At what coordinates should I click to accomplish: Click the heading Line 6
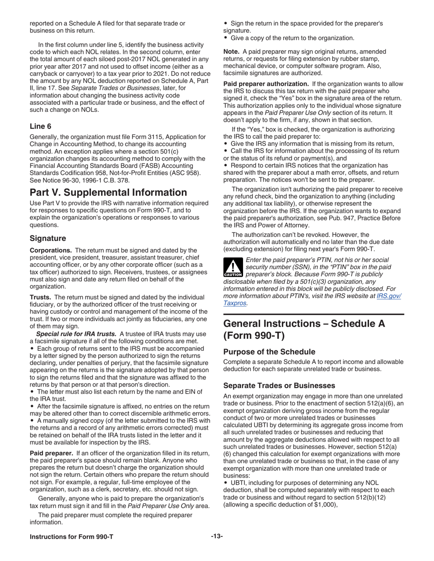click(41, 125)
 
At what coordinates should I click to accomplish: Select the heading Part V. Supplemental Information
click(108, 192)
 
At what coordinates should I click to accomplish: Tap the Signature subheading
click(48, 238)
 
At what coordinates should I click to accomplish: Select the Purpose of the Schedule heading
click(269, 352)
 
